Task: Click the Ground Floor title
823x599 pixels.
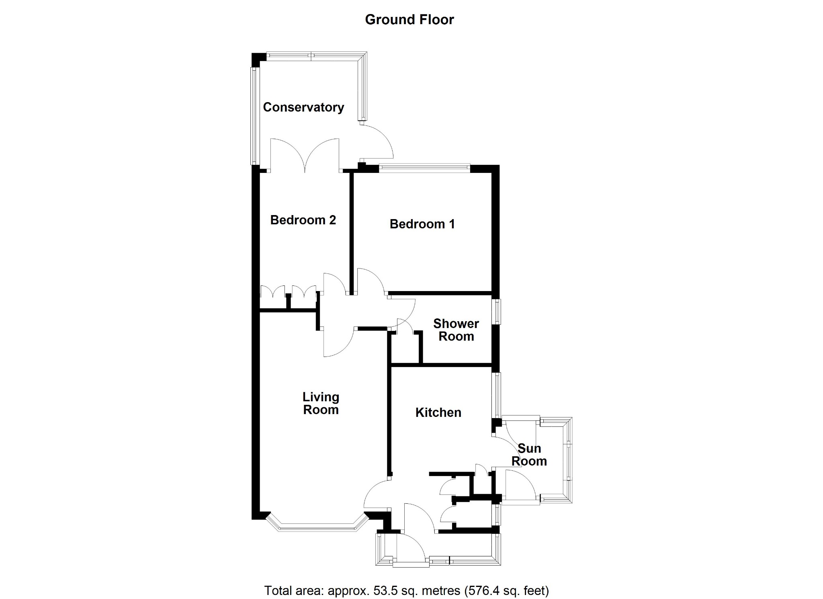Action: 409,20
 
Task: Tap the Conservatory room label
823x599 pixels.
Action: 303,107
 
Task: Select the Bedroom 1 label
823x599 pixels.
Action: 422,224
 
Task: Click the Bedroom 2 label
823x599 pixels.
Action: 303,220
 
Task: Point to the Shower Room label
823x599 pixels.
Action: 456,330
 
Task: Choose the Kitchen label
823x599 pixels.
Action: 438,412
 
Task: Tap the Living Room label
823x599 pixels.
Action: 321,403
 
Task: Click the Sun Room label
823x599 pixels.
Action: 529,455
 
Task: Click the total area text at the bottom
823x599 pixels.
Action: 406,591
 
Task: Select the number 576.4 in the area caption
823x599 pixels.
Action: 485,591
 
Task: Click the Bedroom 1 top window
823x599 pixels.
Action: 424,168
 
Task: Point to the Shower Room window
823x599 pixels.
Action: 497,312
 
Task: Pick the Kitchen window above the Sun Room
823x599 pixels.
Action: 497,395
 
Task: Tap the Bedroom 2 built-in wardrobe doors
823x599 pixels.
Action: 288,291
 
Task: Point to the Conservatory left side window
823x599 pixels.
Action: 254,116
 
